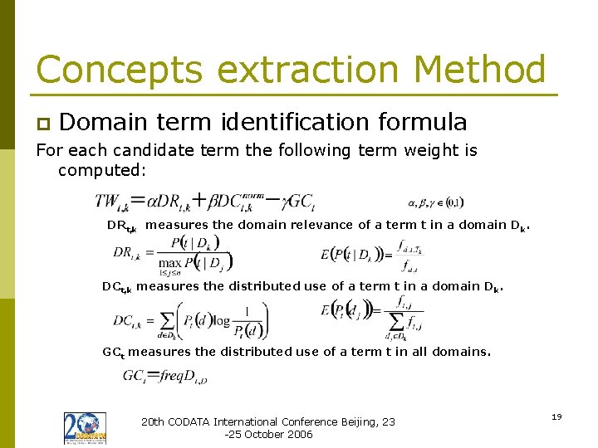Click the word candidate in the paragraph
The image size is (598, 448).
pos(144,150)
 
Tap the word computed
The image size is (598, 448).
pos(101,170)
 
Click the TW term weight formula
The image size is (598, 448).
pos(204,201)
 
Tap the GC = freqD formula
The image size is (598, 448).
pos(165,376)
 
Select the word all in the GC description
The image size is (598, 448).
pos(419,352)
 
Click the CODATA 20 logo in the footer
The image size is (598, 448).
pos(85,427)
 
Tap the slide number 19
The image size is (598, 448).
pos(556,416)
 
